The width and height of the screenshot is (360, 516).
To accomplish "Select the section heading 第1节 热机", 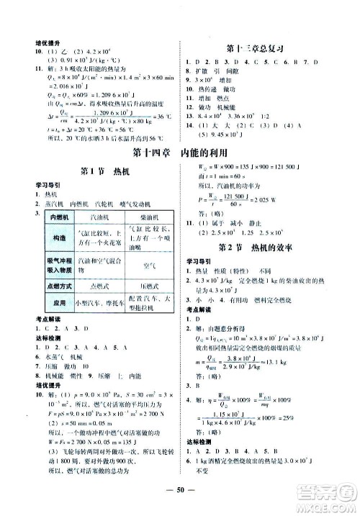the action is tap(99, 171).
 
